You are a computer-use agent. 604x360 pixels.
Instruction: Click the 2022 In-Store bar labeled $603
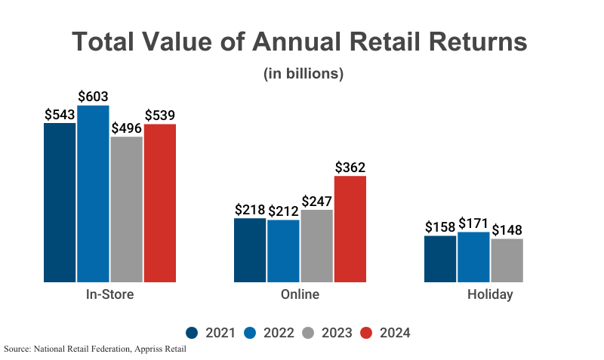(93, 194)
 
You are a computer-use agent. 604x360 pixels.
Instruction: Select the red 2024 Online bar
(350, 229)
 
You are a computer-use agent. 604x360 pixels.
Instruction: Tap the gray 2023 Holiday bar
(507, 260)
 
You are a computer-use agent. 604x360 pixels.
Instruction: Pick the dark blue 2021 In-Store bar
(60, 202)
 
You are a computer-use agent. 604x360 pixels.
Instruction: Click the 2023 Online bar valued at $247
(316, 246)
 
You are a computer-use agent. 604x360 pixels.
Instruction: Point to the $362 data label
(350, 168)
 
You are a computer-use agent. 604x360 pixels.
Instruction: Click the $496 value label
(126, 128)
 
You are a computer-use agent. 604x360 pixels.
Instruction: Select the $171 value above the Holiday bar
(473, 224)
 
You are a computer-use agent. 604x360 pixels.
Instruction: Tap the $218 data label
(250, 210)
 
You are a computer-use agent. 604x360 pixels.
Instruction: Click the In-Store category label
(109, 294)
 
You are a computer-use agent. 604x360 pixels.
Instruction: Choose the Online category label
(300, 294)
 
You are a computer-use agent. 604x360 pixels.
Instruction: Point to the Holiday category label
(490, 294)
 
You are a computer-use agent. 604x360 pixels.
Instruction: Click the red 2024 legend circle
(366, 333)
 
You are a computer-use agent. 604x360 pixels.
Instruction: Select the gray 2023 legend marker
(308, 333)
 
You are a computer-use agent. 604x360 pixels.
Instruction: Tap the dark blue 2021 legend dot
(192, 333)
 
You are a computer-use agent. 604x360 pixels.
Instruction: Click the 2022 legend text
(279, 333)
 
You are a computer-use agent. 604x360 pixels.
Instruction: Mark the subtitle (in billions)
(303, 74)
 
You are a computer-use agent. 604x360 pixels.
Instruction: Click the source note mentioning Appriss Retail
(94, 349)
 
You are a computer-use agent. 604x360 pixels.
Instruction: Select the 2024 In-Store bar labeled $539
(159, 203)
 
